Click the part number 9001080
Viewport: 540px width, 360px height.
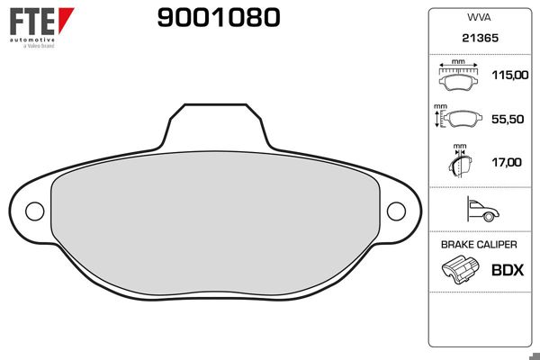pos(219,17)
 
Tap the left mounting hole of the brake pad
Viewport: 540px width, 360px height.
pos(33,211)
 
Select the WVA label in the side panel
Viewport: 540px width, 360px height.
pos(477,18)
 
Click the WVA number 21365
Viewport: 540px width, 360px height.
pos(477,40)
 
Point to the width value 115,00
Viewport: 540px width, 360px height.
pos(508,76)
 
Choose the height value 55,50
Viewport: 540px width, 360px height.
pos(508,118)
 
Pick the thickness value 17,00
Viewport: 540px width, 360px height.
pos(508,162)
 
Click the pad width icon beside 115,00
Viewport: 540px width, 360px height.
pos(461,77)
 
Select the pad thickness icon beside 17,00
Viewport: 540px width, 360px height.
pos(460,163)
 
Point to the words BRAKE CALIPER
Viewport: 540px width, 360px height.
pos(478,244)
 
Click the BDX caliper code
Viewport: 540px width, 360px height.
pos(507,269)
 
